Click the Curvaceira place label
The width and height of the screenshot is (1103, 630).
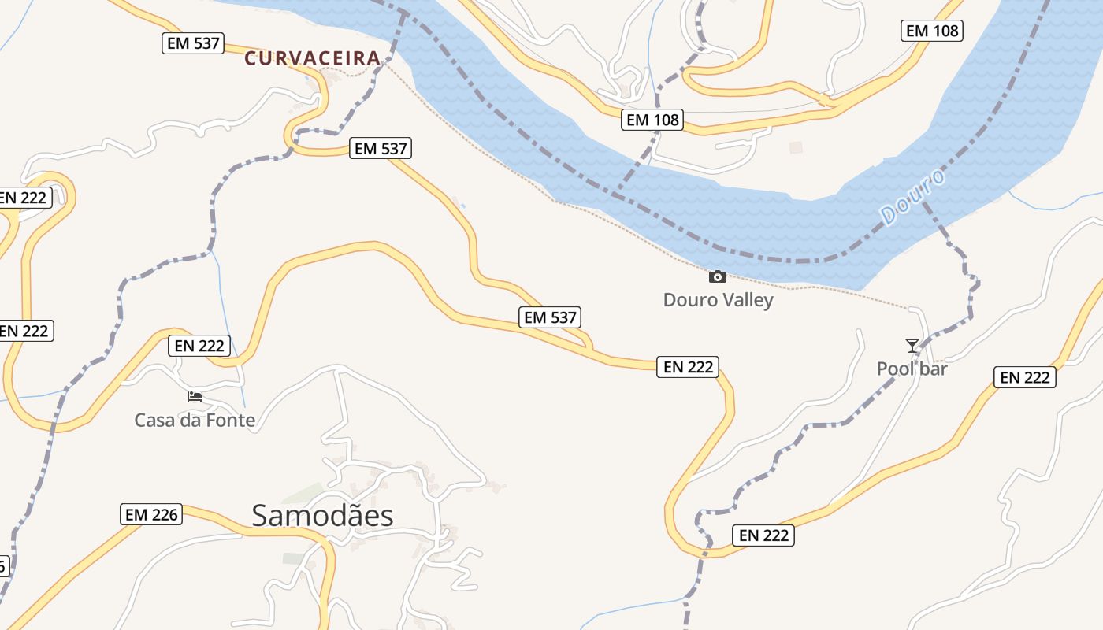312,57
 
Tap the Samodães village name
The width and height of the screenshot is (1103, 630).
322,515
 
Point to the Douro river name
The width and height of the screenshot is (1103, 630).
912,198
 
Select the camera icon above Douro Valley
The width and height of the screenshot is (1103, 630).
717,276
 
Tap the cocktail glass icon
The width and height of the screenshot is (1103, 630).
912,345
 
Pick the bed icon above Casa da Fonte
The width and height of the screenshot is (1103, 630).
195,396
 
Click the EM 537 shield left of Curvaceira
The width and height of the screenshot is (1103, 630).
194,43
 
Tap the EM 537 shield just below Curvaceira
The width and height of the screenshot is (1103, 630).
381,148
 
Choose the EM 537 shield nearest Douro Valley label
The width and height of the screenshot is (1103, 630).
551,317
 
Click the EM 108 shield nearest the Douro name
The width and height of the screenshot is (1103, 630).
932,31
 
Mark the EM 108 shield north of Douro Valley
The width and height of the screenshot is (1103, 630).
652,120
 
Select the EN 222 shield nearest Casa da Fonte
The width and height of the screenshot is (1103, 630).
200,345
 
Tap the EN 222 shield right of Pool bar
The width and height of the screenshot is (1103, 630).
1025,377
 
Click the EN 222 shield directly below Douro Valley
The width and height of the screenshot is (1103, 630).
688,366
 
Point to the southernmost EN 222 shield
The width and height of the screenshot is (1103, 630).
763,535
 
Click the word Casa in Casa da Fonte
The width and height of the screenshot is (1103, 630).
154,420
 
